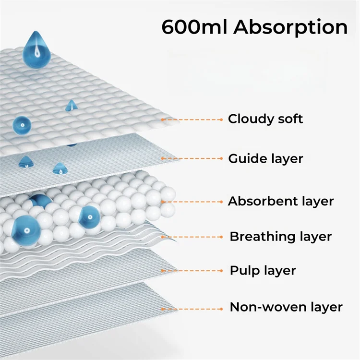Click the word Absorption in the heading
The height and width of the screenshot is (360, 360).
tap(291, 27)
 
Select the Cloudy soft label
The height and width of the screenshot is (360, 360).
tap(265, 119)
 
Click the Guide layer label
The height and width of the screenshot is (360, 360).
tap(265, 158)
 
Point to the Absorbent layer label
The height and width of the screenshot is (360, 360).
tap(280, 201)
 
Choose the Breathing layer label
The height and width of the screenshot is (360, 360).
tap(280, 236)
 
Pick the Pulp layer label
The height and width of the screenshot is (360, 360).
tap(263, 270)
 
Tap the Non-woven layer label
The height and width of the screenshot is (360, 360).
tap(286, 307)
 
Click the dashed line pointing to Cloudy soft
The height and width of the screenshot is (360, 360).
tap(192, 119)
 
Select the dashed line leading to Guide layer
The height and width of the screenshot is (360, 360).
tap(192, 158)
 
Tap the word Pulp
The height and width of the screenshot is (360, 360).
tap(244, 270)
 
